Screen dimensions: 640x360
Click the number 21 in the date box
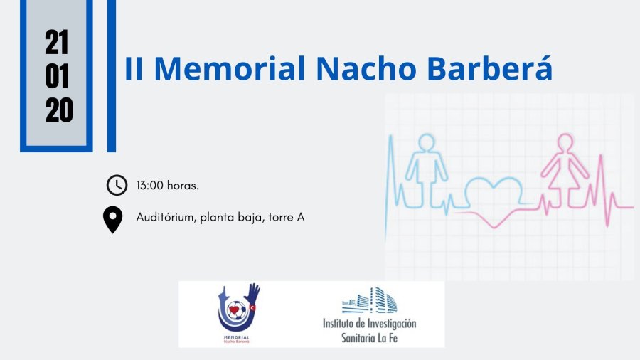point(57,43)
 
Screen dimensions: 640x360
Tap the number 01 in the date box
point(57,76)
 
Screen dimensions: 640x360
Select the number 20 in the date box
point(59,110)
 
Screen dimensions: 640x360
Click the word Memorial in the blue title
point(230,68)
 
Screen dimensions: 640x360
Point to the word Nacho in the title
point(366,68)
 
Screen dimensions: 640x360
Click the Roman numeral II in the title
point(134,68)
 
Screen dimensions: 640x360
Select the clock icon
point(117,185)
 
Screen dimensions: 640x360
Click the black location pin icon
point(112,220)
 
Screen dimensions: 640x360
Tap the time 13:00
point(150,185)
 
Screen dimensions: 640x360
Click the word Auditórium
point(165,217)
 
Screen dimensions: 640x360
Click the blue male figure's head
point(427,142)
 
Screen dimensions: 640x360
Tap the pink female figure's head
point(565,142)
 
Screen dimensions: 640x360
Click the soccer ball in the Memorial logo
point(236,311)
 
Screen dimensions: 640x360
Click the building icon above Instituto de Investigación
point(370,301)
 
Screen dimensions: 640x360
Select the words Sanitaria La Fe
point(369,338)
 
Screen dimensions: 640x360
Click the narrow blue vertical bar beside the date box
point(112,76)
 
